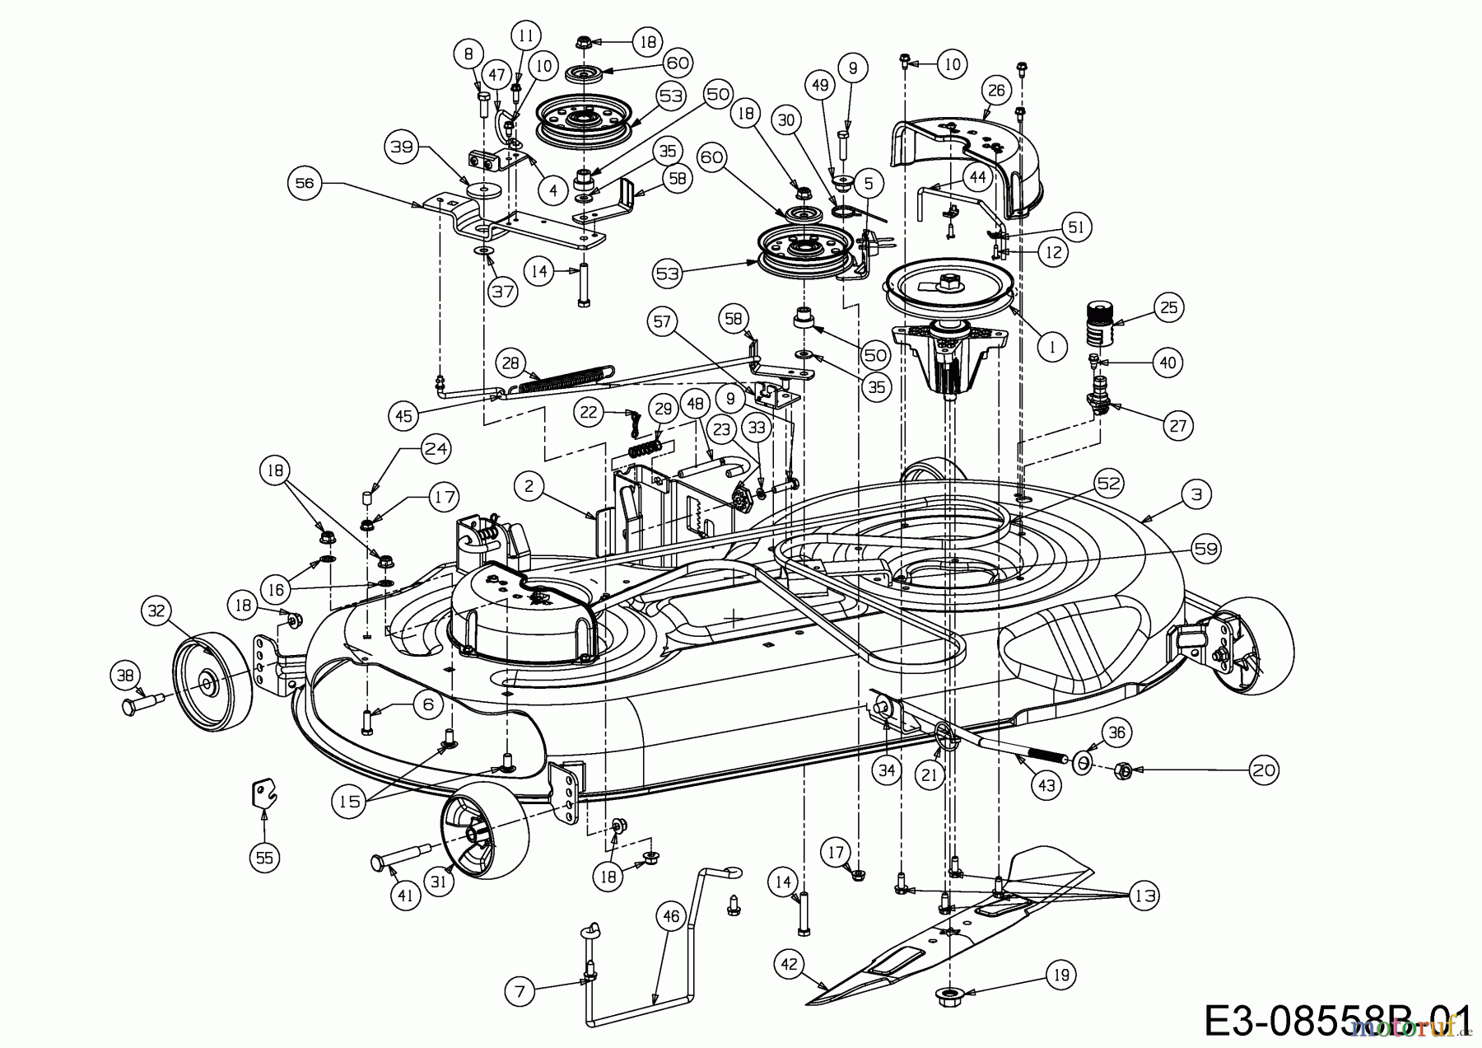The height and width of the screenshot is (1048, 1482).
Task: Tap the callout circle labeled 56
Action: [x=305, y=183]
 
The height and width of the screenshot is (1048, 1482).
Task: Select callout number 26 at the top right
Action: [x=996, y=90]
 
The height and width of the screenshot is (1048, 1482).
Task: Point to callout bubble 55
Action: [x=264, y=858]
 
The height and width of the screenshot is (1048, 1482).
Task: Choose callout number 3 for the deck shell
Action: [x=1196, y=494]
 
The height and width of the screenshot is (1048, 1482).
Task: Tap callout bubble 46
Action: [x=672, y=916]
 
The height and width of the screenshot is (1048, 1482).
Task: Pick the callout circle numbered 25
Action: [x=1169, y=307]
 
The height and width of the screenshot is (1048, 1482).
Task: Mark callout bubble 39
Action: [x=401, y=147]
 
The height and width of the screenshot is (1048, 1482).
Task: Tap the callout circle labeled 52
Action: [x=1109, y=484]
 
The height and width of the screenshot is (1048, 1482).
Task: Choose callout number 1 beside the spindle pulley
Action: [x=1051, y=347]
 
